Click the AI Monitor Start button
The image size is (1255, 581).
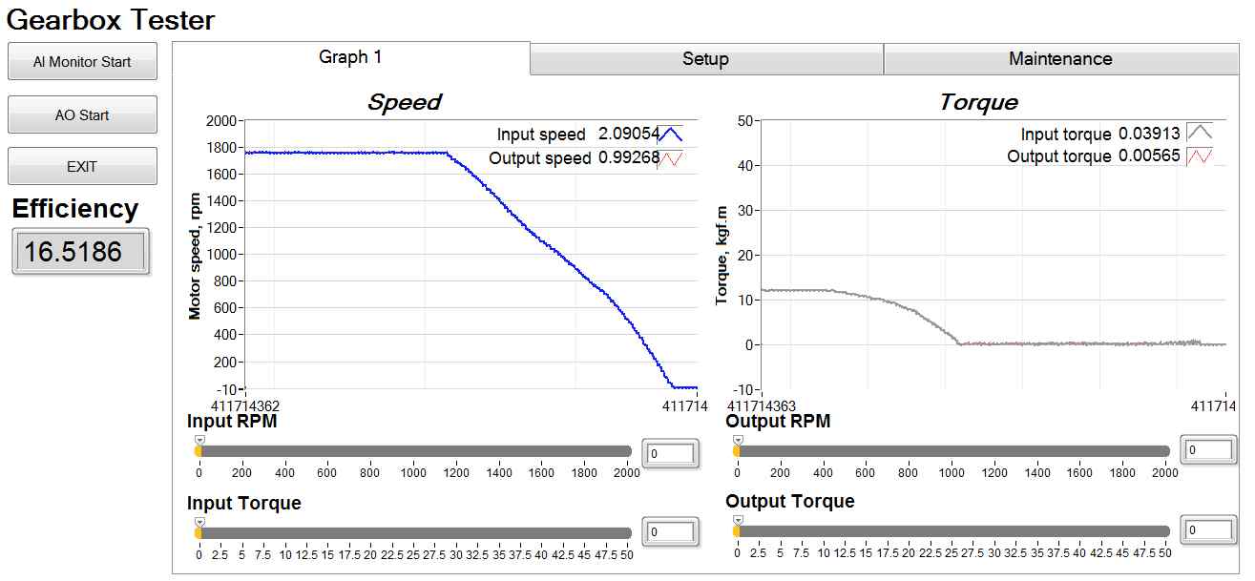click(82, 62)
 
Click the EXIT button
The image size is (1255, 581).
click(82, 167)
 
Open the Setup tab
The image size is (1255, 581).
click(705, 59)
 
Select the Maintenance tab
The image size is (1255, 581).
click(1059, 59)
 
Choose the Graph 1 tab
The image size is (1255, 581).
click(350, 57)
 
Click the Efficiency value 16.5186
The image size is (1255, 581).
click(79, 253)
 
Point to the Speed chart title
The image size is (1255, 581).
click(405, 102)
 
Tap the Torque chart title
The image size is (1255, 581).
click(978, 102)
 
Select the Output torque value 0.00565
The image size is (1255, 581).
click(1152, 156)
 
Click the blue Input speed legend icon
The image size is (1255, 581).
click(671, 135)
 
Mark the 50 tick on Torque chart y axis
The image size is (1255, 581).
click(747, 121)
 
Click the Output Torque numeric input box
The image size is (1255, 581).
click(1209, 530)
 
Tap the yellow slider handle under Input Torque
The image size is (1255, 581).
click(199, 532)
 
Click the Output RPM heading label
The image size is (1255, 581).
click(778, 422)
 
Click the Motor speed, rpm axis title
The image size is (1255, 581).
click(196, 255)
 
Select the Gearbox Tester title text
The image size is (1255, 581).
click(111, 19)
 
